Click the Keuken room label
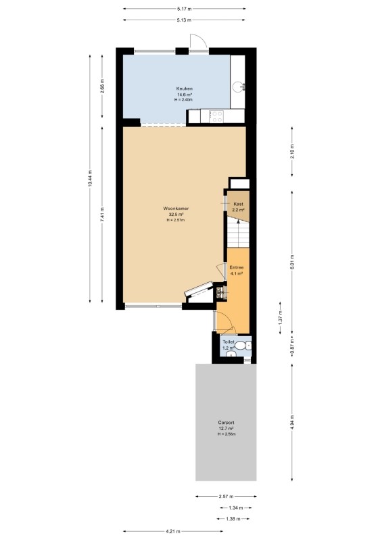point(185,88)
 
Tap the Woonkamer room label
point(176,209)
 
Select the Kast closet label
point(238,204)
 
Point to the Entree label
point(237,267)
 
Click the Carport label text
point(226,423)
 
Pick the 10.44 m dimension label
point(90,179)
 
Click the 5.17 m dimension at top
point(185,9)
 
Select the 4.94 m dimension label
point(292,423)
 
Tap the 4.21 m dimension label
point(173,531)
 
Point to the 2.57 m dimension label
point(226,496)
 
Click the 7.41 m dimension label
point(102,215)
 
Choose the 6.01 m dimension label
point(292,262)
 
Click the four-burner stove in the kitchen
point(217,116)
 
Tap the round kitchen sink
point(238,86)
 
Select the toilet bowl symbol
point(246,345)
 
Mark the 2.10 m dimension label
point(292,151)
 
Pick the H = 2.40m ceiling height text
point(183,100)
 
